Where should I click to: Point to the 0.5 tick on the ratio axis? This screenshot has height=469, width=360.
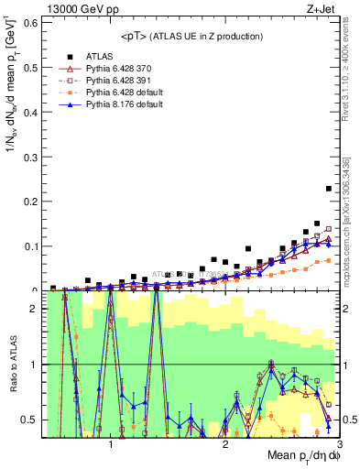[29, 420]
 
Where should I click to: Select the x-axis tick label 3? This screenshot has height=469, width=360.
[339, 444]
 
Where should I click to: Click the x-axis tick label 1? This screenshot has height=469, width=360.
[111, 444]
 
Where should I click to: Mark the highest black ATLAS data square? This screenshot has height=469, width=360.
[329, 189]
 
